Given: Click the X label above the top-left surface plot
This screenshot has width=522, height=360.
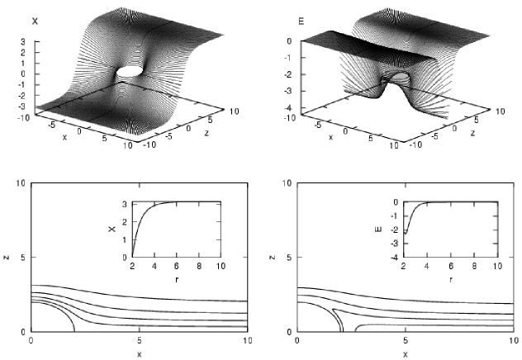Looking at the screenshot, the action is pos(35,21).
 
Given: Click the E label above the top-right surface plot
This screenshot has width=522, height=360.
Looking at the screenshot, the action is pos(301,21).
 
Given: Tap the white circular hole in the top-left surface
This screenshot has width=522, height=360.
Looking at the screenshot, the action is pos(130,71).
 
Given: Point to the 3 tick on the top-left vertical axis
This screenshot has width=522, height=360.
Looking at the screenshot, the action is pos(23,41).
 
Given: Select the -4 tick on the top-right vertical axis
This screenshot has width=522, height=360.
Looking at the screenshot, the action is pos(287,107).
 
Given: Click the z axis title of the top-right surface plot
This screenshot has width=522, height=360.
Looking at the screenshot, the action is pos(472,133).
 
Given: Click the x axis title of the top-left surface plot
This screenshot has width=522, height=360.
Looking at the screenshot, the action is pos(64,137).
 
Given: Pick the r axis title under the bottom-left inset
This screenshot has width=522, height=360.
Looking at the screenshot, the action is pos(177,279).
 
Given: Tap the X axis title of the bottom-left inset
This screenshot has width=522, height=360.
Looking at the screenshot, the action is pos(112,229).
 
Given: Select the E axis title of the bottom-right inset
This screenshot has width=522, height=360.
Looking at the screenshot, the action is pos(378,229).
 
